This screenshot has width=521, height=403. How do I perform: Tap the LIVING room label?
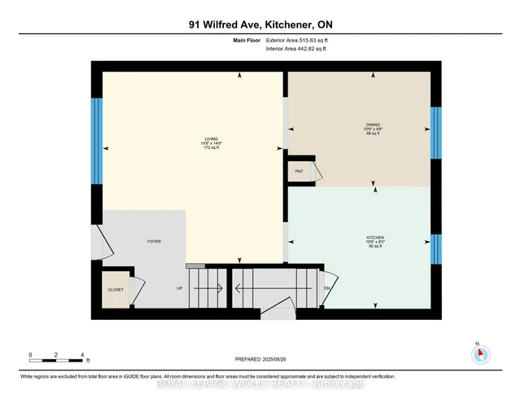211,139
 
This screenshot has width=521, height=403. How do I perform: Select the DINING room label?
372,125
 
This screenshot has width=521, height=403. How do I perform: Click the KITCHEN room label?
375,237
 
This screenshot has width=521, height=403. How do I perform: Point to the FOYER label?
153,243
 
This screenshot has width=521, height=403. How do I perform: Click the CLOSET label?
116,289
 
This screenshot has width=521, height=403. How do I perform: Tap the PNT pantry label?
298,172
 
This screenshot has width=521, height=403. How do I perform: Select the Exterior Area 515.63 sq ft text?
301,39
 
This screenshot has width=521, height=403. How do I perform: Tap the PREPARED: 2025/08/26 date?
261,360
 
